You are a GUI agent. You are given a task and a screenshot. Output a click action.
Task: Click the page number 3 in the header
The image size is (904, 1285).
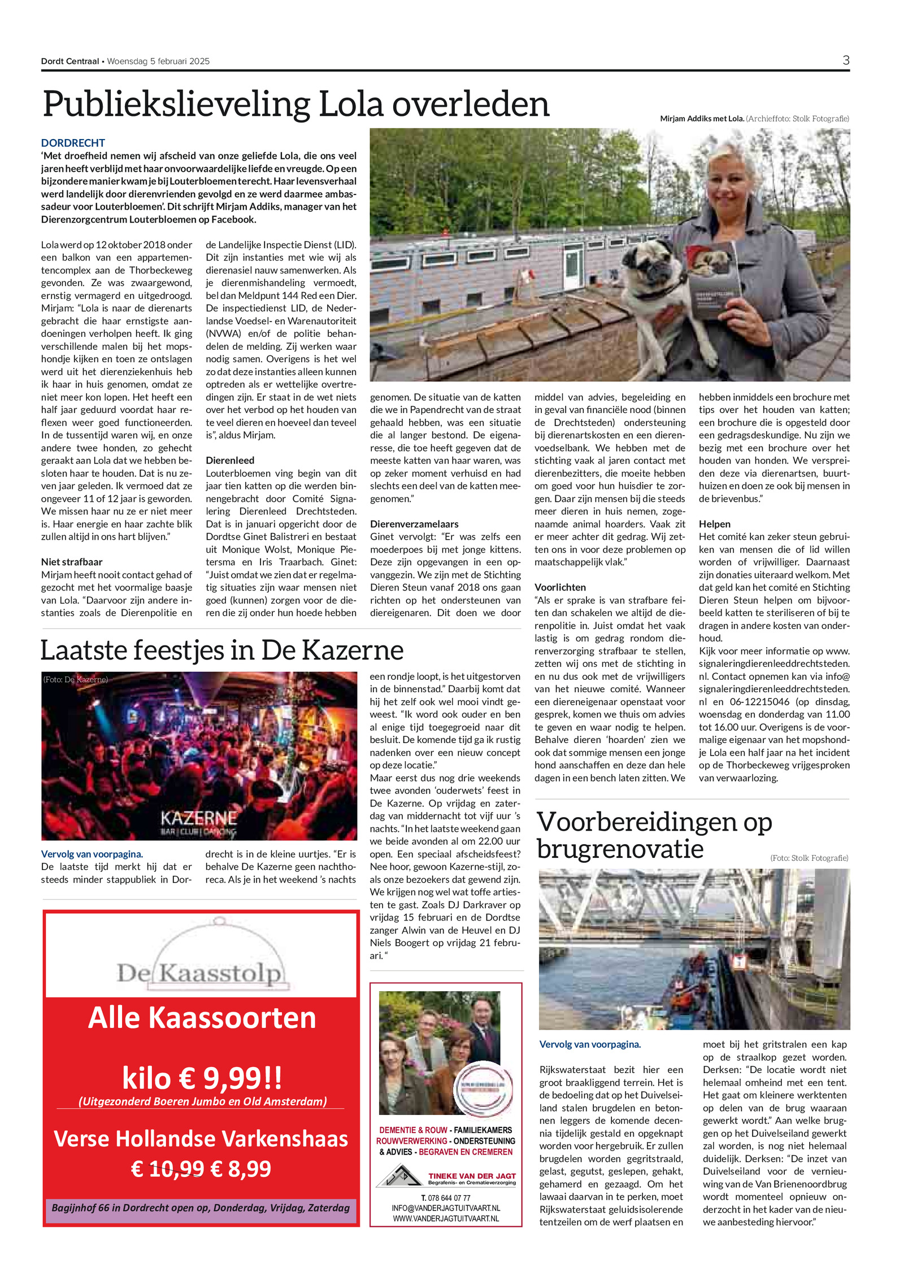pyautogui.click(x=845, y=60)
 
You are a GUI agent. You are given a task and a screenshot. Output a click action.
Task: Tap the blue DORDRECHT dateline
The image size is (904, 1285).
pyautogui.click(x=73, y=143)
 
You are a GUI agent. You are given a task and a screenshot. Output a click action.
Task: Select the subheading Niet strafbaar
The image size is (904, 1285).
pyautogui.click(x=72, y=562)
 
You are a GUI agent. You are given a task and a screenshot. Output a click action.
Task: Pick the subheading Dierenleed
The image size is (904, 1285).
pyautogui.click(x=230, y=461)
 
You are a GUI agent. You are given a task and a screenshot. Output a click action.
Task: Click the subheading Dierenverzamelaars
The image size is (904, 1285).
pyautogui.click(x=414, y=524)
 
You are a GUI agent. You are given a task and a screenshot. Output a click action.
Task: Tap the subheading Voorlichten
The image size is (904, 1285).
pyautogui.click(x=560, y=587)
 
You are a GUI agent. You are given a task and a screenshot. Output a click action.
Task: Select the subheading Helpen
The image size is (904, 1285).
pyautogui.click(x=715, y=524)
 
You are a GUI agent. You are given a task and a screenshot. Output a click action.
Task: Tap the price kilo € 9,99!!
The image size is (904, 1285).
pyautogui.click(x=202, y=1078)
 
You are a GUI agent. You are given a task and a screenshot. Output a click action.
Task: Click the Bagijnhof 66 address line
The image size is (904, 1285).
pyautogui.click(x=201, y=1208)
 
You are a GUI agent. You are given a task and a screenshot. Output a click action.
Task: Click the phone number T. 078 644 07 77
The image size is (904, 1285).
pyautogui.click(x=446, y=1198)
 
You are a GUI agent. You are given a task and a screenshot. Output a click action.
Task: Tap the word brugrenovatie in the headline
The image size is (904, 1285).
pyautogui.click(x=620, y=849)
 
